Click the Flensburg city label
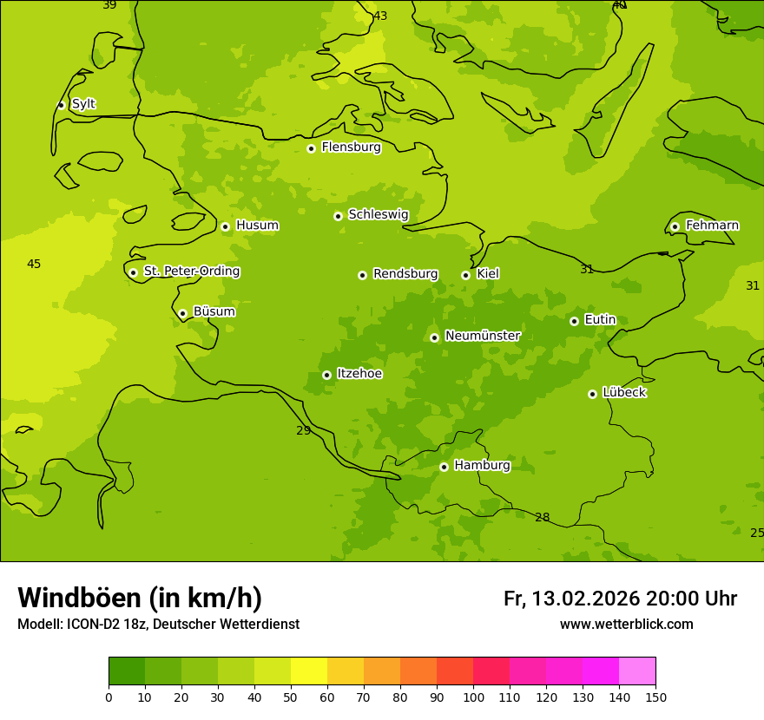[351, 147]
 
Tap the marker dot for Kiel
[465, 275]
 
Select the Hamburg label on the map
[482, 466]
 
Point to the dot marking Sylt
[61, 105]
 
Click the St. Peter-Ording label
[191, 272]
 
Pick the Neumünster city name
[482, 336]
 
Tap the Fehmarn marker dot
[675, 226]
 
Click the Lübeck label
[623, 393]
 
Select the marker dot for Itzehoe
[326, 375]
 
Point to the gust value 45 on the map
[34, 265]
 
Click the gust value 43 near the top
[380, 16]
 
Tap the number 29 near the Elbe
[303, 431]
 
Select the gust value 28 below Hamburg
[542, 518]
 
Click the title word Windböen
[79, 598]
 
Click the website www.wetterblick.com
[626, 625]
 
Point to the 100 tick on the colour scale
[473, 697]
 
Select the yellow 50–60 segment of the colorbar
[309, 671]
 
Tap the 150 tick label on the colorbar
[655, 697]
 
